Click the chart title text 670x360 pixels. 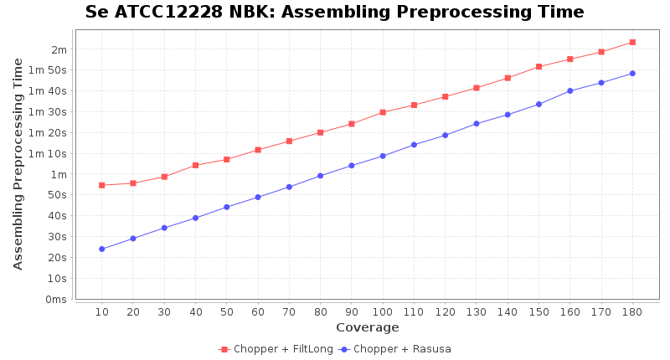pos(334,12)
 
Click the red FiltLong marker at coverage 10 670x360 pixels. pos(101,185)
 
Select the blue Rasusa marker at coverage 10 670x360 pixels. pos(101,249)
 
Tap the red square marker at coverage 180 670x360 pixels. pos(632,42)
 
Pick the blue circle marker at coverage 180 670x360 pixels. pos(632,74)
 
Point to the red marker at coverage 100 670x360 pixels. pos(383,112)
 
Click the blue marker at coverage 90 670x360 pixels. pos(352,166)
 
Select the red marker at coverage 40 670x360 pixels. pos(195,165)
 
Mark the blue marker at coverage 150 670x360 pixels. pos(539,104)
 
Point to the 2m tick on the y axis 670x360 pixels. pos(59,49)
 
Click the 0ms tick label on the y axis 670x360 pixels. pos(56,299)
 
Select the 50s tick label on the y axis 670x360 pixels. pos(59,195)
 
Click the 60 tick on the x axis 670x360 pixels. pos(258,311)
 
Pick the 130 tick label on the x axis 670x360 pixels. pos(476,311)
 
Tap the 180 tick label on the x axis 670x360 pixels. pos(632,311)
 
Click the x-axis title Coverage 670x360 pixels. pos(367,327)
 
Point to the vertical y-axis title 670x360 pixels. pos(18,163)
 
